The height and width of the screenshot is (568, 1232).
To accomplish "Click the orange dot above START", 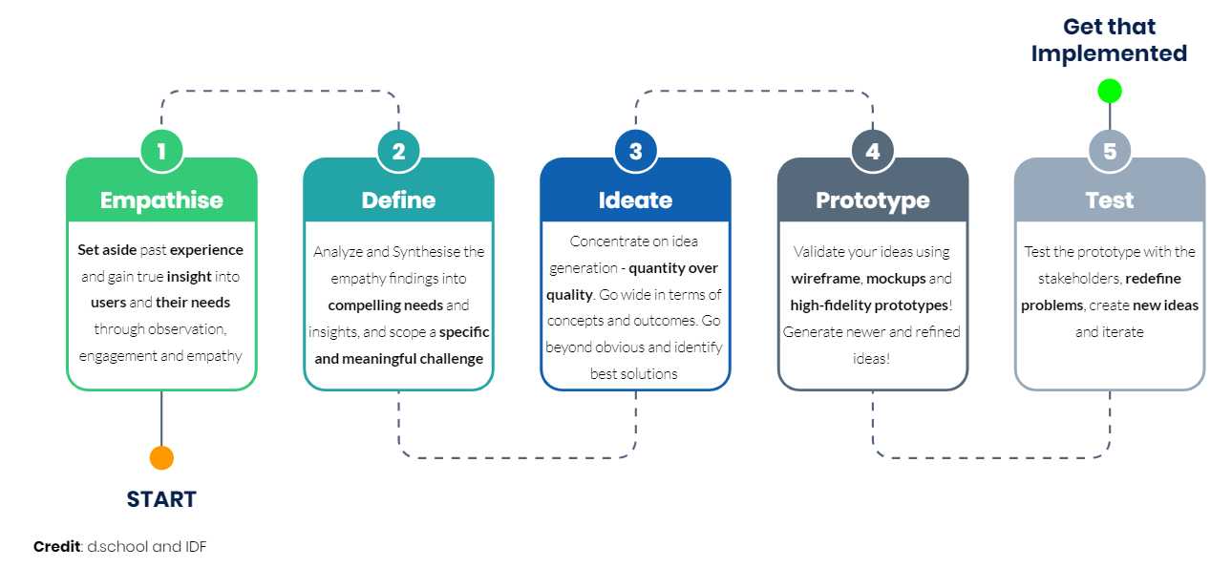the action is coord(161,457).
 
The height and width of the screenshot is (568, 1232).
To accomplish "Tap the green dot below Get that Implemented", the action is coord(1110,91).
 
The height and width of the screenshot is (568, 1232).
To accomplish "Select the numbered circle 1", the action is coord(161,151).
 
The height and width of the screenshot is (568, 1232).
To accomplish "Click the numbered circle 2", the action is coord(399,151).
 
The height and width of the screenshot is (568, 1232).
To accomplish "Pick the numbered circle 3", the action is coord(636,151).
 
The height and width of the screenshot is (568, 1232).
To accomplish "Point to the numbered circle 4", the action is coord(873,151).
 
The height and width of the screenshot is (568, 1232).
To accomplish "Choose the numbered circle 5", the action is coord(1110,151).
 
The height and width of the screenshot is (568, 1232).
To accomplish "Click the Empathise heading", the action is coord(161,200).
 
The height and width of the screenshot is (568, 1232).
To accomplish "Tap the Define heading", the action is coord(399,200).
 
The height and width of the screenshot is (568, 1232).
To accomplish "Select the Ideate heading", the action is coord(636,200).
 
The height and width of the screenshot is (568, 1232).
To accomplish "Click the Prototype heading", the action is coord(873,201).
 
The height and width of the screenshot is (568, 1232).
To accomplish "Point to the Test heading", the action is coord(1110,200).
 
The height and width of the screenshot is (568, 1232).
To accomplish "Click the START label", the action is coord(161,499).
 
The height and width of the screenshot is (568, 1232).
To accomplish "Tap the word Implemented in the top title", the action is coord(1110,53).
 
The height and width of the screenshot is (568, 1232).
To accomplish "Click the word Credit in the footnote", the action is coord(56,547).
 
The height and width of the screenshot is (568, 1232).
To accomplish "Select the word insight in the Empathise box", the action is coord(189,277).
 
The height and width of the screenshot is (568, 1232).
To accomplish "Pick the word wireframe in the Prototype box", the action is coord(825,279).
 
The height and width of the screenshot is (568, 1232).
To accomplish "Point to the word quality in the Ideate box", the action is coord(569,295).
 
